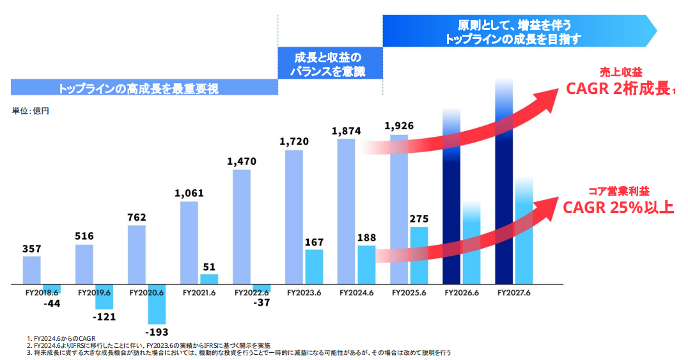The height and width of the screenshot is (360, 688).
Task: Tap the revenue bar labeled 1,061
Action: click(x=189, y=243)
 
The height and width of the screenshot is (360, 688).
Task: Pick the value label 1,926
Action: click(x=399, y=125)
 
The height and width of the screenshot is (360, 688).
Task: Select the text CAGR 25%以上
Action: click(x=618, y=208)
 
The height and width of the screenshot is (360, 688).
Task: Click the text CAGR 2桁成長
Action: click(x=619, y=89)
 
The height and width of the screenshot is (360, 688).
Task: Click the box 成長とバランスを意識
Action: click(x=330, y=64)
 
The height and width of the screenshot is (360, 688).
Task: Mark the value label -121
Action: click(x=104, y=317)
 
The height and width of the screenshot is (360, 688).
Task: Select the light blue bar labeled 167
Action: click(x=314, y=267)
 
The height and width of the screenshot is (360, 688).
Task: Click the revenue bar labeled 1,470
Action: click(x=242, y=227)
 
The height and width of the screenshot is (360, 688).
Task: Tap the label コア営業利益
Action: click(x=618, y=191)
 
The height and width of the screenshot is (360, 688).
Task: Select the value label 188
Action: click(x=366, y=237)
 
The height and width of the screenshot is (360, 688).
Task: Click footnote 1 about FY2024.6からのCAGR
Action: click(x=61, y=338)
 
